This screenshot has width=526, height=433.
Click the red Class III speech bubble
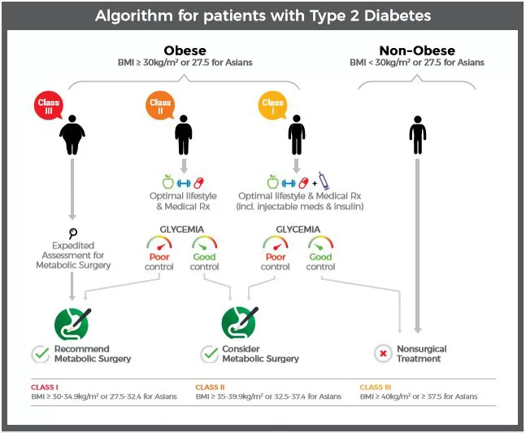pos(49,105)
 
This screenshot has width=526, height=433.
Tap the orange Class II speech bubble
pos(160,105)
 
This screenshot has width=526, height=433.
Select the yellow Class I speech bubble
pos(272,105)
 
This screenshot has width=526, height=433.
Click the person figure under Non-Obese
pos(418,135)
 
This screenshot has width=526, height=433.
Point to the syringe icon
pos(324,181)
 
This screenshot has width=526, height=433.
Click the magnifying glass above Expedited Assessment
pos(73,233)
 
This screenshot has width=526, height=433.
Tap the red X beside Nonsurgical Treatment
pos(383,353)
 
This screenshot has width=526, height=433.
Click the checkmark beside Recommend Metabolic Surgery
pos(41,354)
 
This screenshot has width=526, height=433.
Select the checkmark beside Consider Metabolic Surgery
pos(210,354)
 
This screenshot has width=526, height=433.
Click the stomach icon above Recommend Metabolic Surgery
pos(72,324)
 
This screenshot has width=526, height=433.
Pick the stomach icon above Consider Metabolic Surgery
pos(239,323)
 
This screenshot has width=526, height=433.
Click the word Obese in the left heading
pos(185,50)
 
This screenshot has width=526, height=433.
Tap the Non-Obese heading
pos(417,50)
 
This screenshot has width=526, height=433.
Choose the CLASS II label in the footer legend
pos(210,387)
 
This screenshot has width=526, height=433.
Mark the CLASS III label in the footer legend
pos(376,387)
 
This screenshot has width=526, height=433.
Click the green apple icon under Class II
pos(168,182)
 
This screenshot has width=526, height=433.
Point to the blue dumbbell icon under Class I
pos(289,183)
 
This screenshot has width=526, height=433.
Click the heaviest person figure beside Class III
pos(72,135)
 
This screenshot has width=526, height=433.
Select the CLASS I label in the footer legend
pos(45,387)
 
